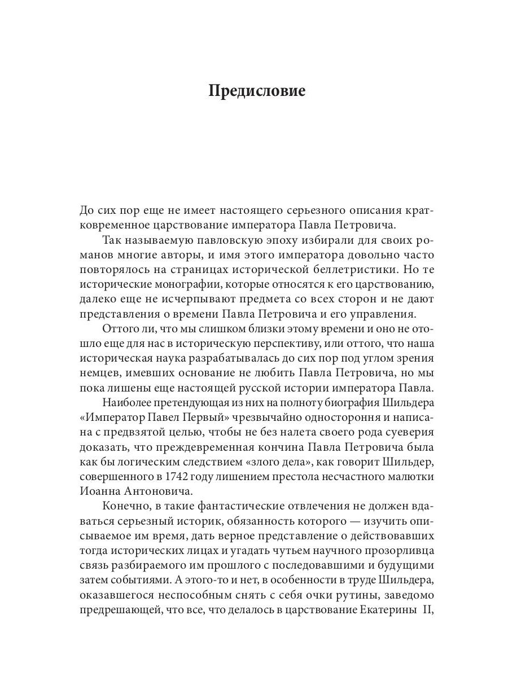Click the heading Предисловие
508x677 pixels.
point(257,91)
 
